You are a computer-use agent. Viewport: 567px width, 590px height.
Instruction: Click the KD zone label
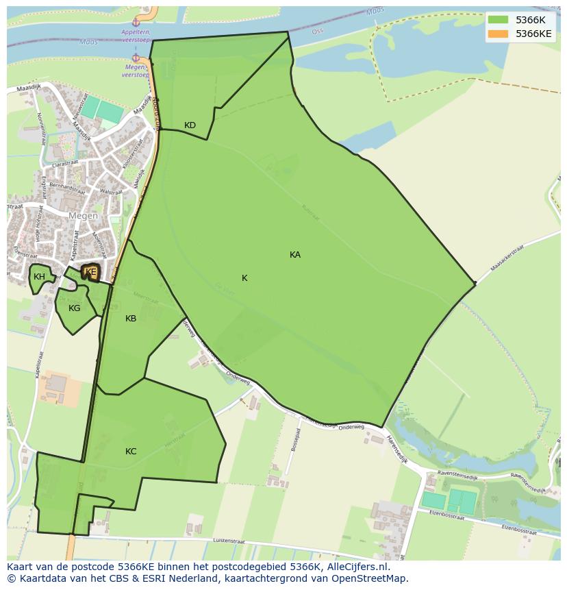point(190,125)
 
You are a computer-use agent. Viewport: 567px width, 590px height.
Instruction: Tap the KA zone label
point(295,255)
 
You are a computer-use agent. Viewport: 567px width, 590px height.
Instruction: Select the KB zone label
point(131,319)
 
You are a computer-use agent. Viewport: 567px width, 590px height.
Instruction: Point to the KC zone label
point(131,452)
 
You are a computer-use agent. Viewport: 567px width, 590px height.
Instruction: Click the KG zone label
point(75,308)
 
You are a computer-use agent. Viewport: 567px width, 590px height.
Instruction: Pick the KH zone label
point(39,277)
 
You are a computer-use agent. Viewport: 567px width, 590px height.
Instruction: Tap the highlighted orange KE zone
point(90,273)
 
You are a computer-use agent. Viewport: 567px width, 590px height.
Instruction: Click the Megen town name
point(83,216)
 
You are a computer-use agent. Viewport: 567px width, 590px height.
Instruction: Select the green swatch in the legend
point(498,20)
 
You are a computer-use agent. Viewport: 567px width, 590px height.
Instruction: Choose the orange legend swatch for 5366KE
point(498,34)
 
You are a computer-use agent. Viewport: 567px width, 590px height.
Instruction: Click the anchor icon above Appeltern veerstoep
point(136,23)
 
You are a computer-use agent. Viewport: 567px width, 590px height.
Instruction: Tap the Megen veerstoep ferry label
point(136,71)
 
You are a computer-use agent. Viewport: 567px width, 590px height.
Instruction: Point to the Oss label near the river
point(317,31)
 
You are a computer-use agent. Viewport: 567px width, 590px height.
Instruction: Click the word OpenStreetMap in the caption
point(373,578)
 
